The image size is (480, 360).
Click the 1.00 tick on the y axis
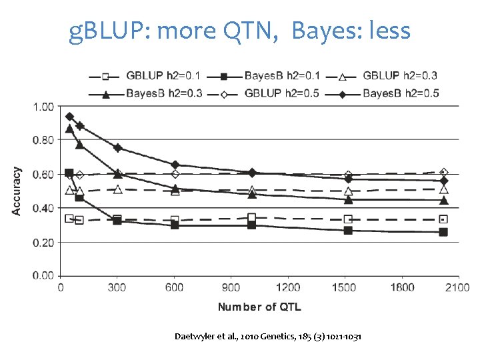pos(43,107)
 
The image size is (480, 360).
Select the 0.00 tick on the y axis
pos(43,275)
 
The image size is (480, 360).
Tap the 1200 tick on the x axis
pos(288,287)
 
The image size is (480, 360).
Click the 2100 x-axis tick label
pos(457,287)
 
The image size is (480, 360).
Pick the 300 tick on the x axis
pos(117,287)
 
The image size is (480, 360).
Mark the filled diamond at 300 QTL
pos(117,147)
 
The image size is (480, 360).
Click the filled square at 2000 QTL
pos(443,232)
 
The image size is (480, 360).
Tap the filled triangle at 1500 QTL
pos(348,199)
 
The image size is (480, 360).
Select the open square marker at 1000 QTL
pos(251,217)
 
